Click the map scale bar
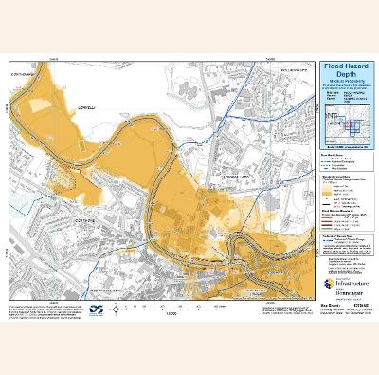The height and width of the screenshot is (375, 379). (171, 306)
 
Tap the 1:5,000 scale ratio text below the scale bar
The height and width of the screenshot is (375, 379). (171, 313)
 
